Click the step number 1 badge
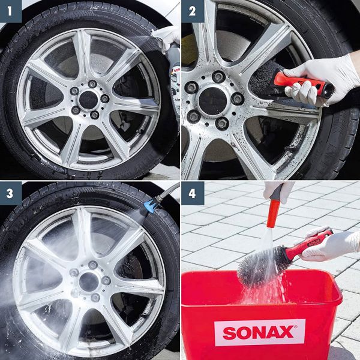(11, 11)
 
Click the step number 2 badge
(193, 11)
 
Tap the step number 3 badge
(11, 193)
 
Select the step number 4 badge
(193, 193)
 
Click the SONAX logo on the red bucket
(259, 332)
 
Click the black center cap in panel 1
(88, 100)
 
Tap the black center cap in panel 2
(212, 101)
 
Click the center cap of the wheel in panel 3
(89, 282)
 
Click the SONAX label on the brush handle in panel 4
(314, 242)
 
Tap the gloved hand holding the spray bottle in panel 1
(167, 38)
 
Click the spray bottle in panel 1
(175, 78)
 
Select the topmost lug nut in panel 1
(92, 84)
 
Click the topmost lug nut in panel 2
(218, 77)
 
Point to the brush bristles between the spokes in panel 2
(262, 79)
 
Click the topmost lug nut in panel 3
(93, 265)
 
